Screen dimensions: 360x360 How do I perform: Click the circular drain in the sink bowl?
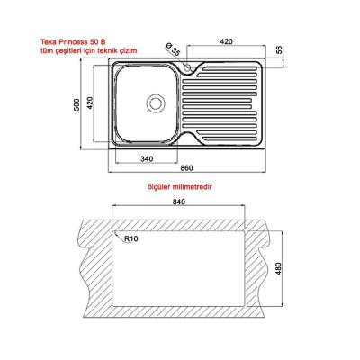pyautogui.click(x=156, y=103)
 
